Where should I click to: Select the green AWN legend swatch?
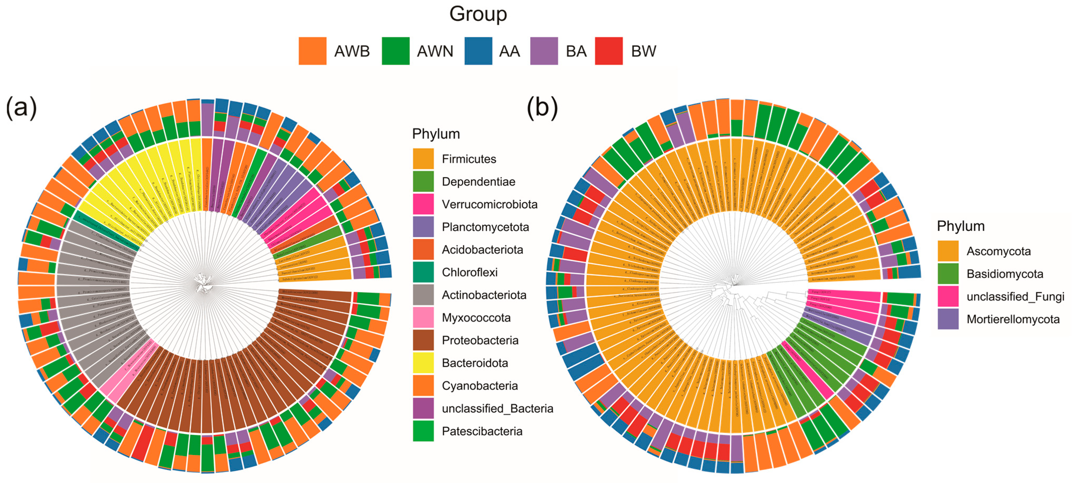point(395,51)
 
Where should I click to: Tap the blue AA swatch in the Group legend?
point(478,51)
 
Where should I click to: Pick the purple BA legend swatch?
point(544,51)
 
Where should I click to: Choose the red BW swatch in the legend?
point(609,51)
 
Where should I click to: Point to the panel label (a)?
point(21,107)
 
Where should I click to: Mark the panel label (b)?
point(542,107)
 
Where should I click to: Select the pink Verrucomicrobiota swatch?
point(423,204)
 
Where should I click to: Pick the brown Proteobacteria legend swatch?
point(423,340)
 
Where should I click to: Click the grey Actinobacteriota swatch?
point(423,295)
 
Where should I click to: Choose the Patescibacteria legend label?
point(482,431)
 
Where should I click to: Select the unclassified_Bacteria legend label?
point(497,408)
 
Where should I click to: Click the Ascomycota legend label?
point(998,251)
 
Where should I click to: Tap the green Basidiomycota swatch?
point(948,274)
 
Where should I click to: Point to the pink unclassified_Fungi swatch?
point(948,297)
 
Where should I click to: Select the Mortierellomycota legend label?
point(1013,319)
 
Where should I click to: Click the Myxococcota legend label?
point(476,318)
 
